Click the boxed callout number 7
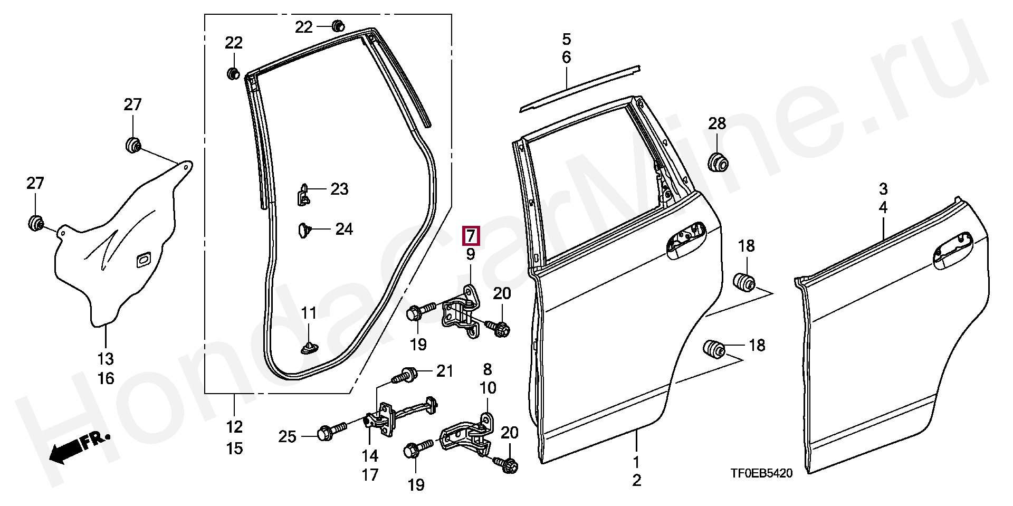[470, 235]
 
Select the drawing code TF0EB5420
[761, 474]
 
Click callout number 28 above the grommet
[717, 124]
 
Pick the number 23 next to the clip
[339, 189]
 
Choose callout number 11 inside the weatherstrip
[309, 313]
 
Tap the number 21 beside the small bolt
[444, 371]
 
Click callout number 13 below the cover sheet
[106, 359]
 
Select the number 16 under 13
[106, 378]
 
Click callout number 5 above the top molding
[566, 39]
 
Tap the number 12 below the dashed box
[234, 426]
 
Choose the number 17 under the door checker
[370, 475]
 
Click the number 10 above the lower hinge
[488, 388]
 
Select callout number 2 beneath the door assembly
[636, 481]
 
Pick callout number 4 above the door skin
[883, 207]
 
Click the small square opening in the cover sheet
[143, 260]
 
